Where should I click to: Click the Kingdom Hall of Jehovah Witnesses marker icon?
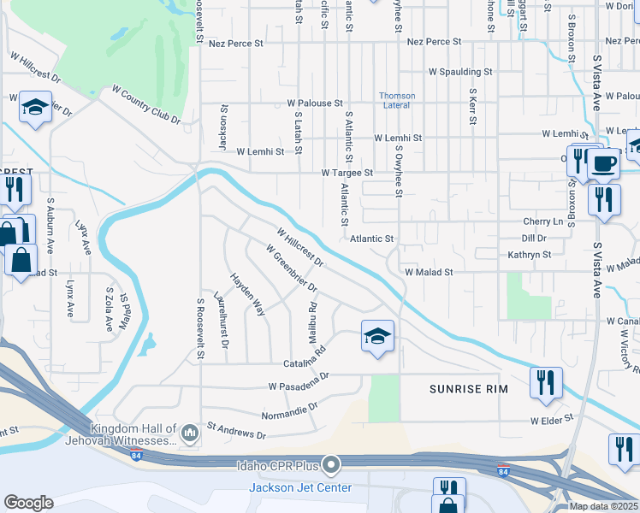[x=190, y=434]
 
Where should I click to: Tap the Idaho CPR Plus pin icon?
[x=331, y=466]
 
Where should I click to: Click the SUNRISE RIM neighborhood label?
[x=468, y=389]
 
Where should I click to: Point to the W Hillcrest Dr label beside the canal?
[x=299, y=245]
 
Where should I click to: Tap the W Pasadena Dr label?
[x=299, y=381]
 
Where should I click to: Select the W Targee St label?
[x=347, y=173]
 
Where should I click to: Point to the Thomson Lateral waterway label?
[x=398, y=100]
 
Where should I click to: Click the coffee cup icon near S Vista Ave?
[x=604, y=162]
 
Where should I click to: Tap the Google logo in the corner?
[x=29, y=502]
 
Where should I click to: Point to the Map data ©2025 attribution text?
[x=604, y=506]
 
